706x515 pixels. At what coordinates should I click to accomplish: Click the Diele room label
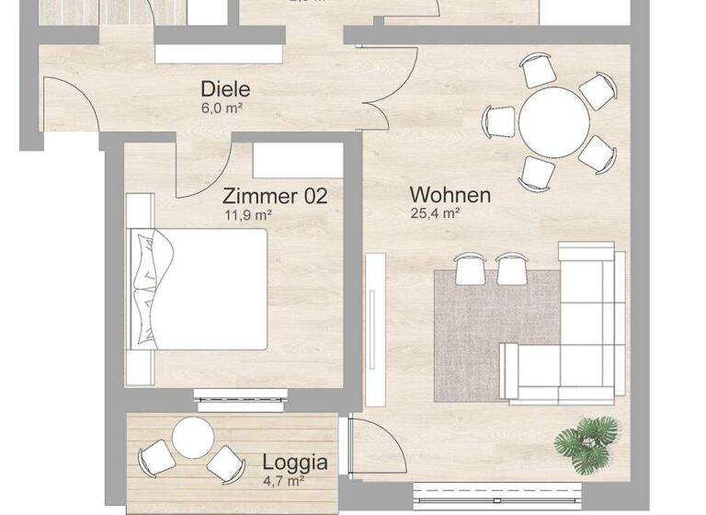(225, 90)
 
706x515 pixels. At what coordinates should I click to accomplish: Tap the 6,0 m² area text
(222, 109)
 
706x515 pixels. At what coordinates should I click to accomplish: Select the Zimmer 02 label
(275, 196)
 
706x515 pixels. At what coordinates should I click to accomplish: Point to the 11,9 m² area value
(248, 215)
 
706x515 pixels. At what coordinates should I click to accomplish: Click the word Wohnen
(450, 195)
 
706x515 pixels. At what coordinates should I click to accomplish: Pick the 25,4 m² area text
(435, 213)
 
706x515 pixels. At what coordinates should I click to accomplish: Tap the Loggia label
(295, 463)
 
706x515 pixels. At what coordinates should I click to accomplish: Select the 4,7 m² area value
(283, 480)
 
